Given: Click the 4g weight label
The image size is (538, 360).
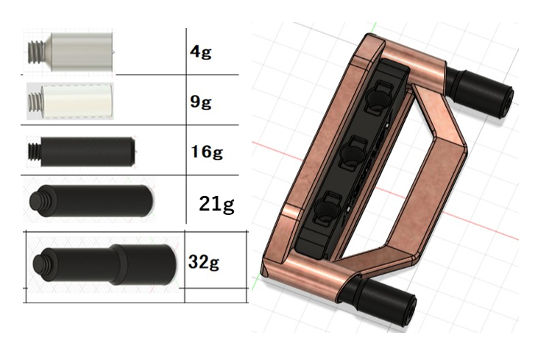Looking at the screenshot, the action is point(201,52).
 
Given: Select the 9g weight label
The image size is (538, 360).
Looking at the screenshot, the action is point(201,102).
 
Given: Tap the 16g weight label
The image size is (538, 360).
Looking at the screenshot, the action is point(207,152).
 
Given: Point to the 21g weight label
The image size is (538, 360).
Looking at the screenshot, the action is point(216,205).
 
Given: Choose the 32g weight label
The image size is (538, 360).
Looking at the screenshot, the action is point(203,263).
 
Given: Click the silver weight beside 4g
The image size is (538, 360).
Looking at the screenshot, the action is point(71,52).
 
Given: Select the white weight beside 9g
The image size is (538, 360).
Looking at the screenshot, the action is point(71,102).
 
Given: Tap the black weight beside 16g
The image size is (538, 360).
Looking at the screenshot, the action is point(81,152).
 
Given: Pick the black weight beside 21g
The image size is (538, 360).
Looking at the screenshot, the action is point(91,201).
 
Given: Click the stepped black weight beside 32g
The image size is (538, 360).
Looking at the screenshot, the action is point(105,265).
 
